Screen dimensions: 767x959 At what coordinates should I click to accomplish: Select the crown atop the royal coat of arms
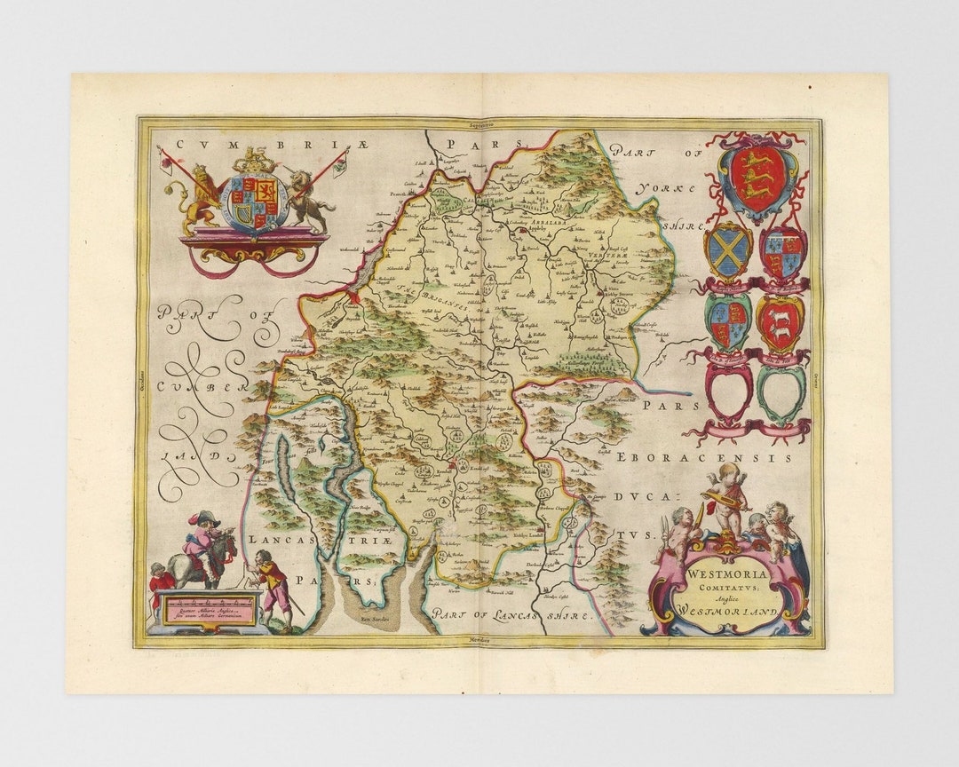[258, 161]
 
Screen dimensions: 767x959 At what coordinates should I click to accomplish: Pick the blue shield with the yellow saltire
[728, 252]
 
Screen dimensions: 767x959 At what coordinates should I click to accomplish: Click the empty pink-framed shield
[728, 391]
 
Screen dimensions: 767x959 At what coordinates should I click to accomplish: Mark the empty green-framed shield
[781, 391]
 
